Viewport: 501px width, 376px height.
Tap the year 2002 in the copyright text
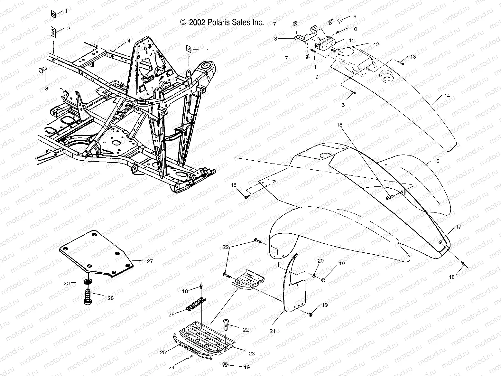(197, 23)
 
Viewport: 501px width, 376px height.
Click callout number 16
(436, 162)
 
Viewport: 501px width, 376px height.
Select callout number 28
(110, 298)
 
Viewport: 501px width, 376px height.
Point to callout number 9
(355, 16)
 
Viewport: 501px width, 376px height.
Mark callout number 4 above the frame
(129, 41)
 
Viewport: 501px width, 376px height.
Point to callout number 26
(172, 314)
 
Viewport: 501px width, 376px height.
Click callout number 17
(458, 227)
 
